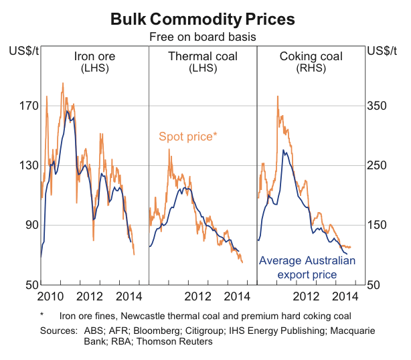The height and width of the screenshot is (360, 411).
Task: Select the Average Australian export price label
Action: tap(307, 267)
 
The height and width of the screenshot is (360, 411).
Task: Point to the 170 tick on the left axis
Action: tap(27, 106)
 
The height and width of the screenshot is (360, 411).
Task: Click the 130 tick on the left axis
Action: tap(27, 165)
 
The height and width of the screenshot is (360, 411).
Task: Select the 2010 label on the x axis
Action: tap(52, 296)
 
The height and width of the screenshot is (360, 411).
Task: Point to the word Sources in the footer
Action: tap(58, 331)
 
